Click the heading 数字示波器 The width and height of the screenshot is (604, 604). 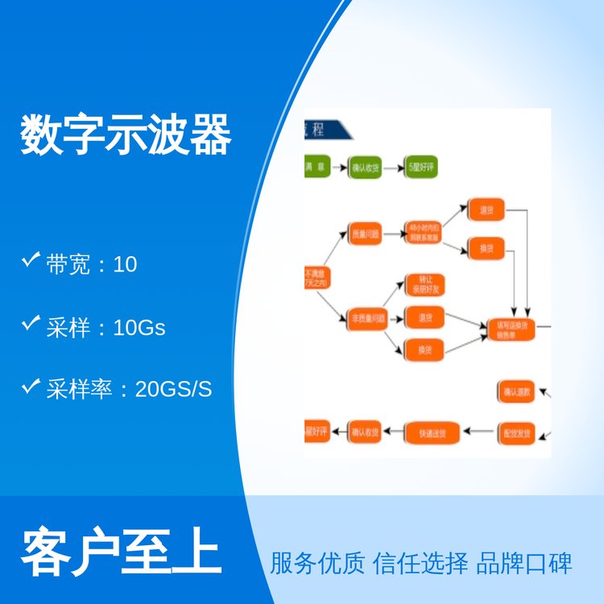126,134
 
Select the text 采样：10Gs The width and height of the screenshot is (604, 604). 105,327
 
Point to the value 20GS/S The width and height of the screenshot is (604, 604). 174,389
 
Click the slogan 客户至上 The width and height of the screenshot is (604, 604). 121,550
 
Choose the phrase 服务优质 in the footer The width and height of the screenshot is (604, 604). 317,562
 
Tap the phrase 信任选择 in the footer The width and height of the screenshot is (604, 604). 420,562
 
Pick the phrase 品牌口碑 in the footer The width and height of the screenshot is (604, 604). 524,562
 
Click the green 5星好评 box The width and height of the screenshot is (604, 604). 420,168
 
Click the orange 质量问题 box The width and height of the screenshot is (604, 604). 364,234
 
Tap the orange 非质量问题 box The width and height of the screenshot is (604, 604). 367,317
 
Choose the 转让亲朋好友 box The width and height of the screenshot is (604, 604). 424,284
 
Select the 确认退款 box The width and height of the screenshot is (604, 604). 515,392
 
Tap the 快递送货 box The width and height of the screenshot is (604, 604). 432,432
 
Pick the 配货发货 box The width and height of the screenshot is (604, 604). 515,432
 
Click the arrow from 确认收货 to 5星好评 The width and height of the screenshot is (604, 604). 392,168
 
